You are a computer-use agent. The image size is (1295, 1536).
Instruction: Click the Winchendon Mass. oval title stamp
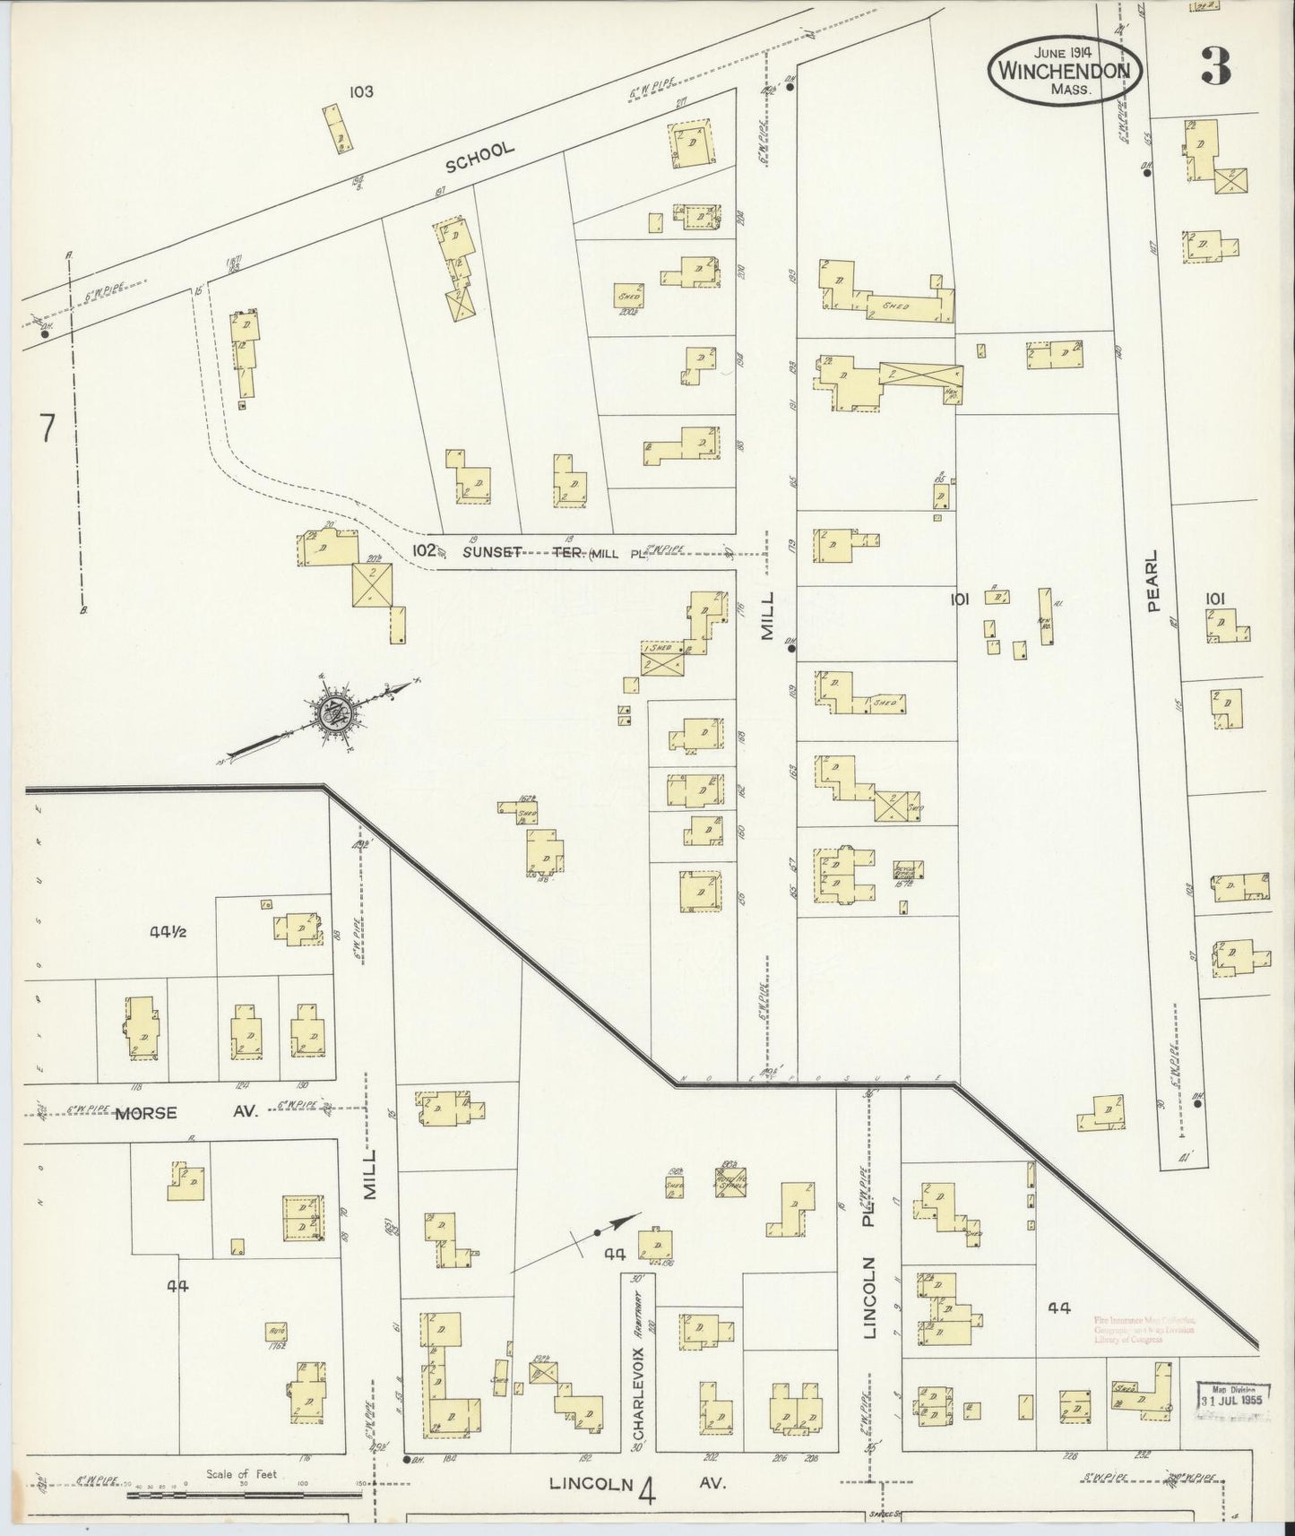click(x=1066, y=70)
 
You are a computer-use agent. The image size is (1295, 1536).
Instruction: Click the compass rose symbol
click(x=337, y=713)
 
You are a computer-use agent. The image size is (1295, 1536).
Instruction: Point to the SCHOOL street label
click(x=480, y=157)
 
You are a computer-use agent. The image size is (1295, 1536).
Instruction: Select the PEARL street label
click(x=1153, y=581)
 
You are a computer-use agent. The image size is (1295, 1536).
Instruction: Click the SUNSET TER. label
click(x=522, y=552)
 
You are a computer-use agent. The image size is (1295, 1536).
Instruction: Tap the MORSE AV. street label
click(x=185, y=1112)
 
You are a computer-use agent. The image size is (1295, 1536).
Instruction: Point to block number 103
click(x=362, y=91)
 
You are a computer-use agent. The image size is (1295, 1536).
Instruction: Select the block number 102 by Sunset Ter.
click(x=424, y=549)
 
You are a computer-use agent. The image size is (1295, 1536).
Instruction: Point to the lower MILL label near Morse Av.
click(x=371, y=1175)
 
